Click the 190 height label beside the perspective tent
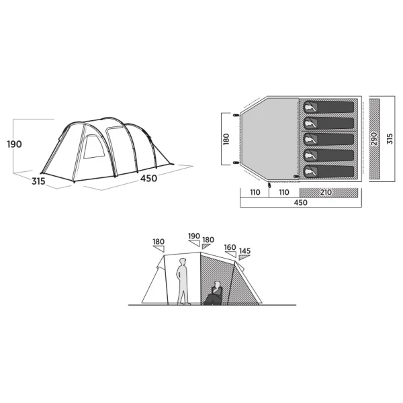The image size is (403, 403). pyautogui.click(x=15, y=144)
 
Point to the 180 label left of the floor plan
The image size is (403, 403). pyautogui.click(x=226, y=139)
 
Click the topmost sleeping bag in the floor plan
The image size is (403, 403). pyautogui.click(x=328, y=107)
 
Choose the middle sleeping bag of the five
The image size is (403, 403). pyautogui.click(x=328, y=140)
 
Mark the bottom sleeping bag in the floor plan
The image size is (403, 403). pyautogui.click(x=328, y=172)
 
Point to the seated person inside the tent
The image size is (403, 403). pyautogui.click(x=214, y=294)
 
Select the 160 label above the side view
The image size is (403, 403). pyautogui.click(x=230, y=247)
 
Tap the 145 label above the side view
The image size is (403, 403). pyautogui.click(x=244, y=252)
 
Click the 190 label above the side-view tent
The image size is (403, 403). pyautogui.click(x=194, y=237)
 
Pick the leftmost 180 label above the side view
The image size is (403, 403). pyautogui.click(x=159, y=242)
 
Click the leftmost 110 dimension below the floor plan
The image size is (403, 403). pyautogui.click(x=255, y=193)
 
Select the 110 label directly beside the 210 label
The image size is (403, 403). pyautogui.click(x=284, y=193)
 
